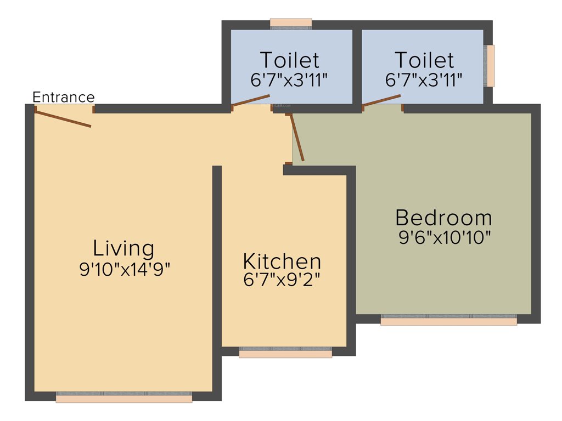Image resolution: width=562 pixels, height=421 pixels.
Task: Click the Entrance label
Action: click(x=64, y=98)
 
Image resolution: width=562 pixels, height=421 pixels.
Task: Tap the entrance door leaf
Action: click(x=63, y=118)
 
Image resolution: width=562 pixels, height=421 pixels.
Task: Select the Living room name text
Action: click(x=123, y=248)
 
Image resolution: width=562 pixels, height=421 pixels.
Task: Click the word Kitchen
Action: click(x=282, y=261)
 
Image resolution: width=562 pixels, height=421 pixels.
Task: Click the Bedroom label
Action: click(x=443, y=218)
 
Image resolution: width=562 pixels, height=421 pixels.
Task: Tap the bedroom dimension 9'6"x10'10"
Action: click(x=445, y=238)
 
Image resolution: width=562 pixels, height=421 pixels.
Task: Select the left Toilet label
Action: click(x=289, y=60)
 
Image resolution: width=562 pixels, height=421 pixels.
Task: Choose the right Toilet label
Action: click(x=424, y=60)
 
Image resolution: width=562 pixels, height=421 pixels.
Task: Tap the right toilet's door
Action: click(x=382, y=100)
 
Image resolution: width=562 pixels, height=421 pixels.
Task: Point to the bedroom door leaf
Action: click(x=297, y=137)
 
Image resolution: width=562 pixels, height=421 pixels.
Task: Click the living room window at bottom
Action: click(x=124, y=397)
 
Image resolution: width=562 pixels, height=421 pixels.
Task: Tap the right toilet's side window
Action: click(x=489, y=66)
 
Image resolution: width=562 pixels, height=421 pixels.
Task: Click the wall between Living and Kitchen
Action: click(x=217, y=280)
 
